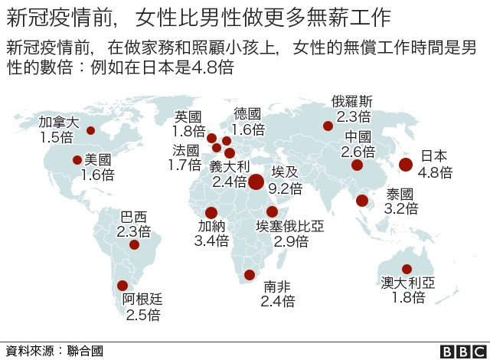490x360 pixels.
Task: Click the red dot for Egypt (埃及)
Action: coord(256,182)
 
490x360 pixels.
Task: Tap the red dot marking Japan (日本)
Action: coord(406,164)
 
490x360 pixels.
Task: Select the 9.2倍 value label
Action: coord(285,188)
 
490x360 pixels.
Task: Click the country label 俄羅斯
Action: coord(352,101)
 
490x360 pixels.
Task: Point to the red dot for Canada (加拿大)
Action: coord(90,130)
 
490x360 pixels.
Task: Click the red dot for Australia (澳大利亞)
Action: coord(407,269)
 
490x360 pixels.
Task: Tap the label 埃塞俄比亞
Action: coord(290,227)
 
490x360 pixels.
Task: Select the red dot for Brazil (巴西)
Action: coord(135,245)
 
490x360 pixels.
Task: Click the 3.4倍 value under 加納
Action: coord(212,241)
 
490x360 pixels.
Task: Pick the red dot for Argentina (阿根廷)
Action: coord(122,286)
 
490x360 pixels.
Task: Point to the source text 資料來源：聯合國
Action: coord(54,351)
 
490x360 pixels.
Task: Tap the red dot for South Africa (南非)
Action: coord(249,275)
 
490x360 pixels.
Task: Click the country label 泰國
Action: coord(400,194)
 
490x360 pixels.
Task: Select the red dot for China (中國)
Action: coord(357,165)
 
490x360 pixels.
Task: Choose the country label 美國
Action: coord(97,159)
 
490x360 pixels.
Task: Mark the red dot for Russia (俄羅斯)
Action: coord(328,126)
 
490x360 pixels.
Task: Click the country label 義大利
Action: coord(230,166)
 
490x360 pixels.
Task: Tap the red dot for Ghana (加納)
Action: coord(211,213)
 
